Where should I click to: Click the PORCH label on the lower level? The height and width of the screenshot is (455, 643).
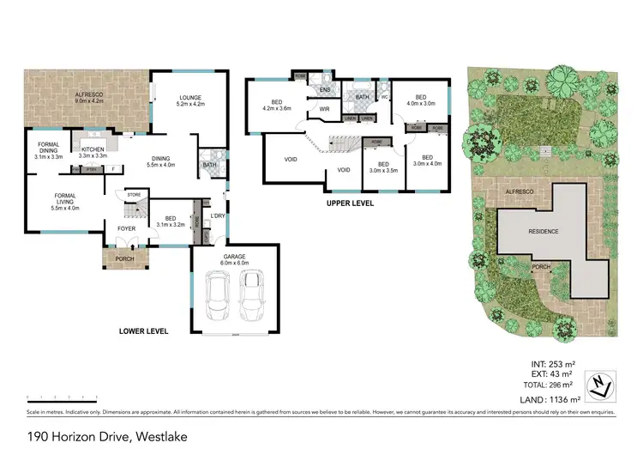click(123, 257)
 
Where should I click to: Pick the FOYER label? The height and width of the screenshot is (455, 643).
click(126, 228)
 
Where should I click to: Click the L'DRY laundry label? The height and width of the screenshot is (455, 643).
click(218, 216)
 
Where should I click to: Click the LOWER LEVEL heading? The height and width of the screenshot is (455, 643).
click(144, 331)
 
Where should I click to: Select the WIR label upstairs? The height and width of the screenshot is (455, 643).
click(325, 110)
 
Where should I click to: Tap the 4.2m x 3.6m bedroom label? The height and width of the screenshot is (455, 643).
click(277, 105)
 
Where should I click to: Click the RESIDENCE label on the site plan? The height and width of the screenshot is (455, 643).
click(542, 232)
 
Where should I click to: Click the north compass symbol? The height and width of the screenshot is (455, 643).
click(600, 384)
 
